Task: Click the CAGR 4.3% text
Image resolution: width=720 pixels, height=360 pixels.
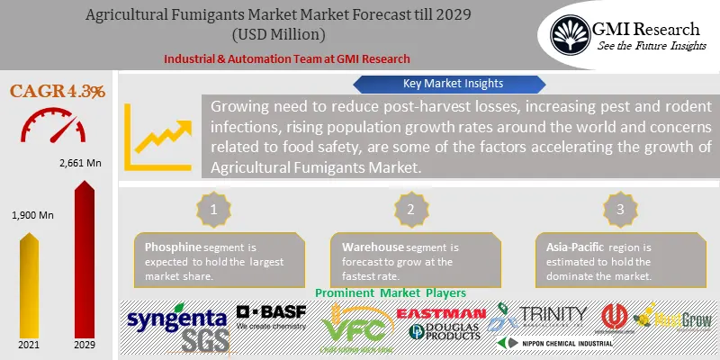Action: tap(58, 91)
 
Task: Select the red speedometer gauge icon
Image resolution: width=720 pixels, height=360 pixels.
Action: tap(57, 126)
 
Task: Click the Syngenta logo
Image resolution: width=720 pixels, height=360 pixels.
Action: tap(175, 319)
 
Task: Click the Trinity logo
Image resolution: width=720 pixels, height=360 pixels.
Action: tap(550, 314)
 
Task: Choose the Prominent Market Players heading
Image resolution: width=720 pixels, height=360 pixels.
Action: tap(391, 293)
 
